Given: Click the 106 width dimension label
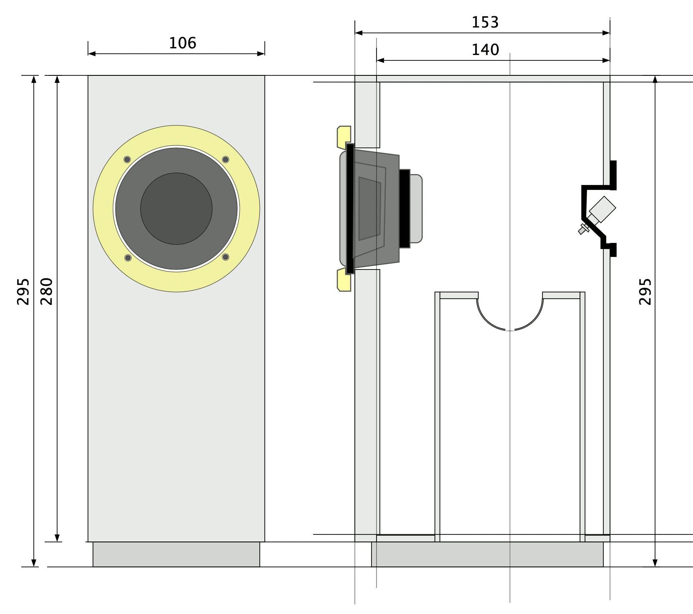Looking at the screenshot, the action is pos(182,43).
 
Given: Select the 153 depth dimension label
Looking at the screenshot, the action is pos(485,22).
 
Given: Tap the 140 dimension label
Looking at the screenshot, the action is pos(485,50).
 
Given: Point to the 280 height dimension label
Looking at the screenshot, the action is pos(46,291).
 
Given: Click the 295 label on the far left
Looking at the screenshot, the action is pos(23,291).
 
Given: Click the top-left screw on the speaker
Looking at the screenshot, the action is pos(127,160).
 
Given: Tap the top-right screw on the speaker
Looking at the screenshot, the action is pos(226,160).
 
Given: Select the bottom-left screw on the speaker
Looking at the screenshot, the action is pos(128,258).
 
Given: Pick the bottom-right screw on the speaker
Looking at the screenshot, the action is pos(226,257).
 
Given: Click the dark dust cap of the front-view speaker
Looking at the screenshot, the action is pos(176,209).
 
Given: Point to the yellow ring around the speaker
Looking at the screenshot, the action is pos(176,135).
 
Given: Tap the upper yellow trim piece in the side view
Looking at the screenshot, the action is pos(343,137).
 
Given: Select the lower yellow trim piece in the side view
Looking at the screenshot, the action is pos(343,280).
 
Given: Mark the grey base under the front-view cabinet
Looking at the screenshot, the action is pos(176,554).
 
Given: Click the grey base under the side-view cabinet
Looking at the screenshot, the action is pos(487,554).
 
